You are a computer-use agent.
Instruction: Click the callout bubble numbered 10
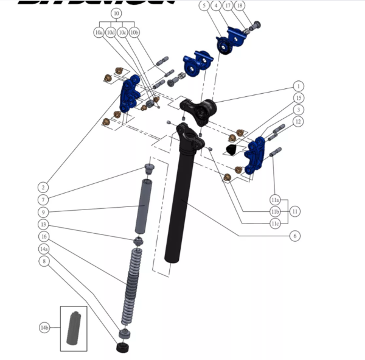coord(116,12)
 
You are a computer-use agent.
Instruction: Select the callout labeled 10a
coord(99,32)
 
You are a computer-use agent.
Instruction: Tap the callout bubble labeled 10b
coord(135,32)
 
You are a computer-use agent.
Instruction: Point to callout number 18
coord(255,5)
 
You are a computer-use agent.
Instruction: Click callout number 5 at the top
coord(204,5)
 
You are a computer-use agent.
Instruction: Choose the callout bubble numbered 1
coord(298,86)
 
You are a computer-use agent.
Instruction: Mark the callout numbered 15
coord(298,97)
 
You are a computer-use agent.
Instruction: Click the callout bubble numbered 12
coord(298,122)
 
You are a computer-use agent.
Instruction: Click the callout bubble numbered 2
coord(44,187)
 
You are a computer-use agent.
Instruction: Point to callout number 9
coord(44,212)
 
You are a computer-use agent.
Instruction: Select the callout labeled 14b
coord(44,328)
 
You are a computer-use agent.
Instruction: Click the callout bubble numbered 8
coord(44,261)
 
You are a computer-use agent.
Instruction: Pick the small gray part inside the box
coord(74,329)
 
